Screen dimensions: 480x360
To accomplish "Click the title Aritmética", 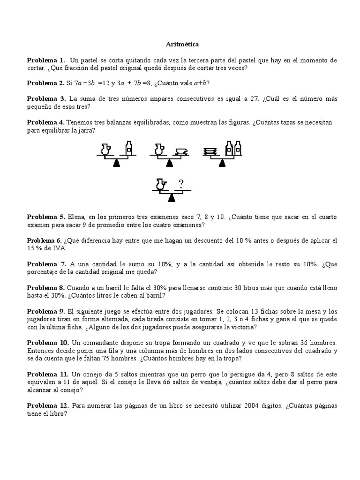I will [182, 44].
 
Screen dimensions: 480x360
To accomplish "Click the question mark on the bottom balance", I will [181, 184].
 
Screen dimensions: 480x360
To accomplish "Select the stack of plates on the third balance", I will [210, 150].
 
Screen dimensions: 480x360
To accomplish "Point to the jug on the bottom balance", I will [160, 185].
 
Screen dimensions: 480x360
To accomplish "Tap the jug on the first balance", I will [105, 149].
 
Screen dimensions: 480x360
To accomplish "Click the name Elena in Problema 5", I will [76, 217].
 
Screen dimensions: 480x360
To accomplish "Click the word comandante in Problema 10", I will [98, 343].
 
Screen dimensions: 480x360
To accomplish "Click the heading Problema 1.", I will [46, 60].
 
